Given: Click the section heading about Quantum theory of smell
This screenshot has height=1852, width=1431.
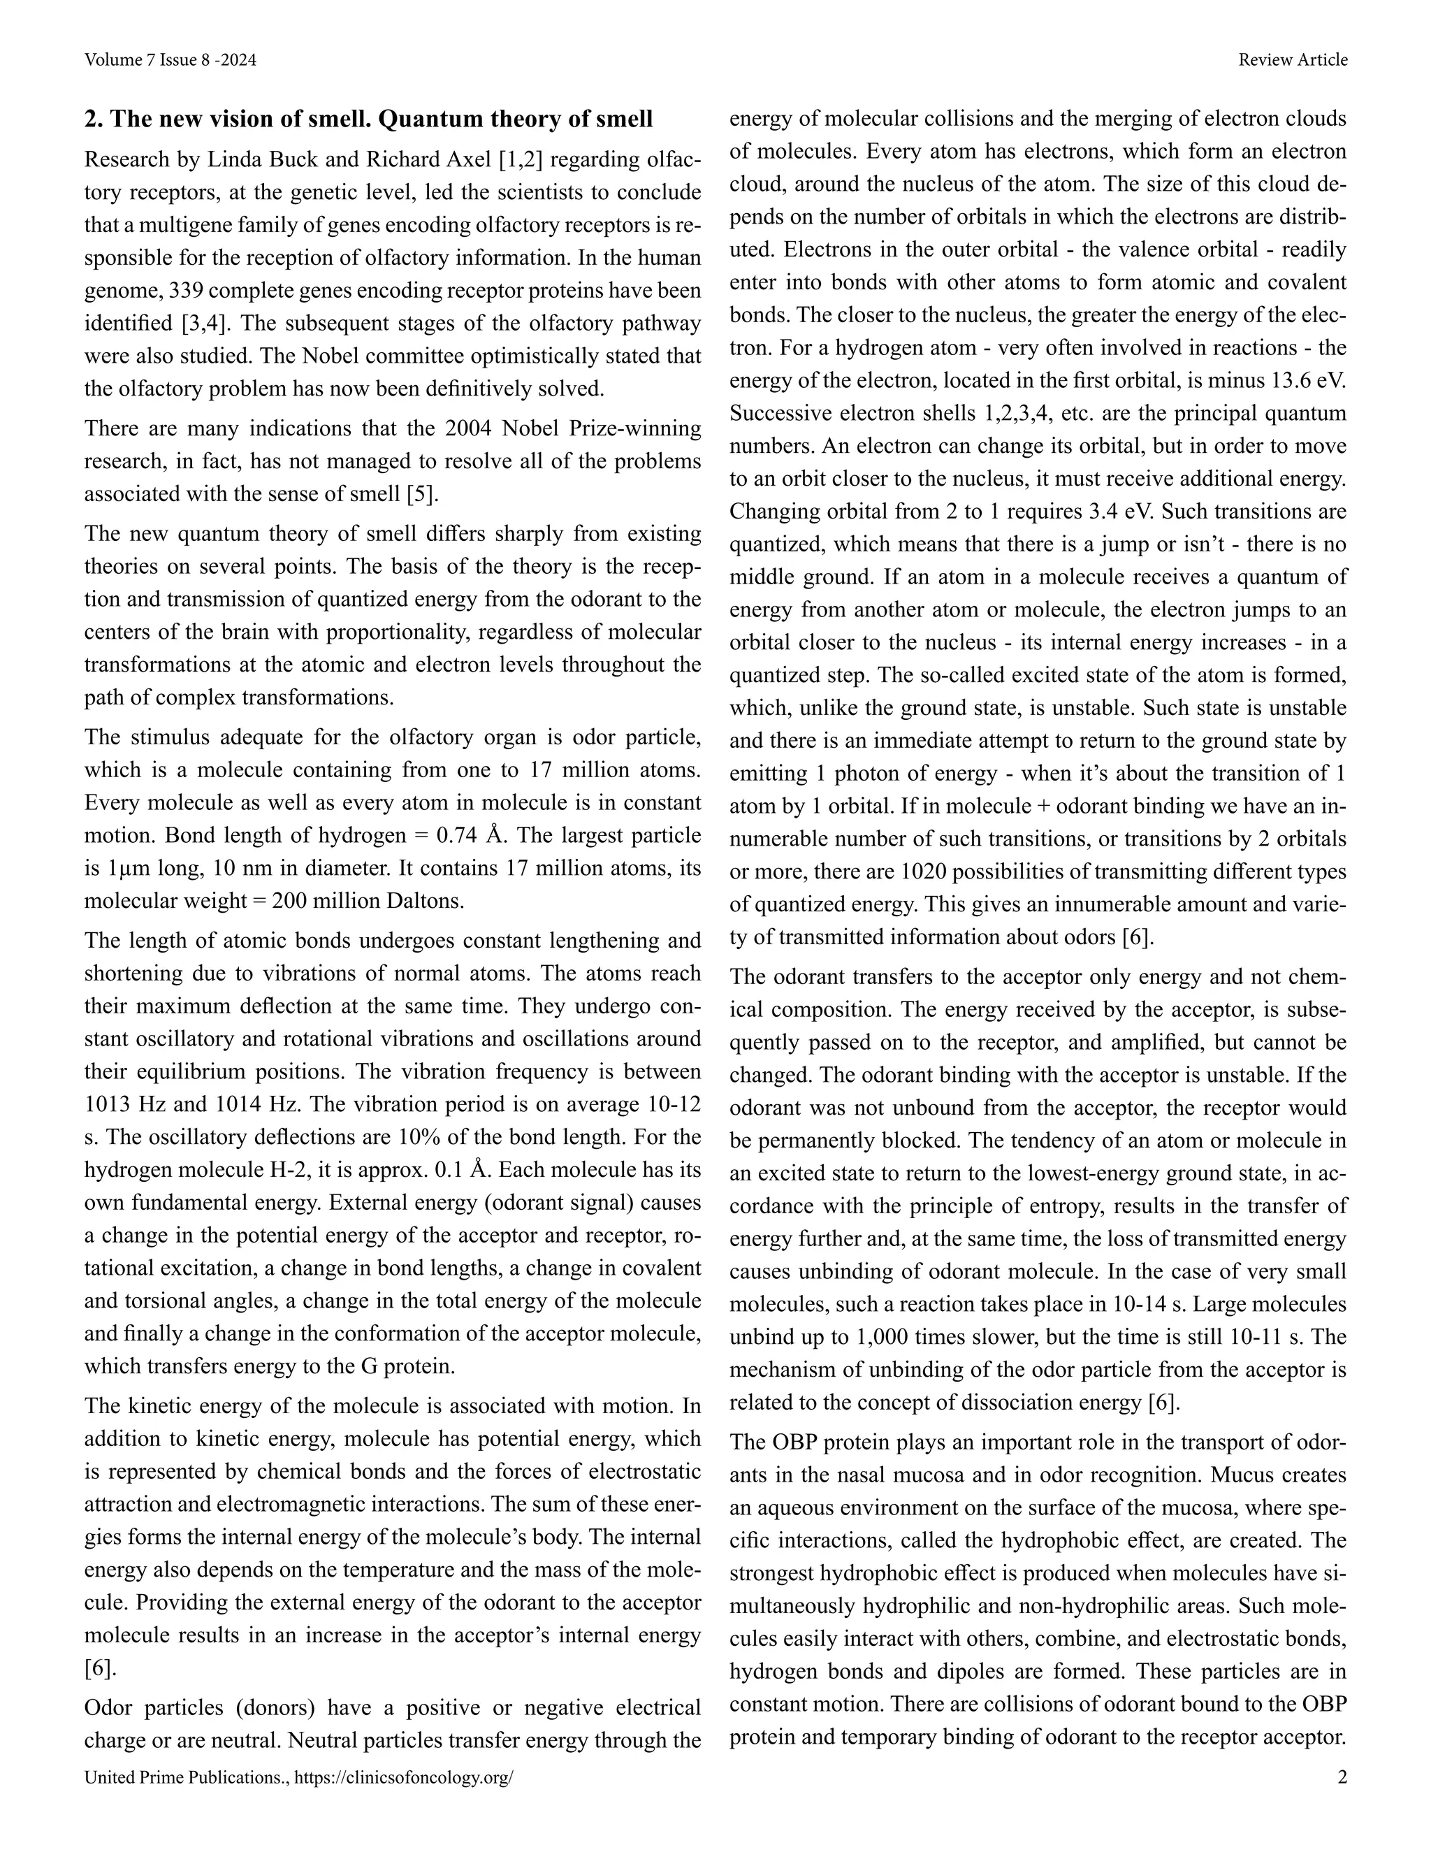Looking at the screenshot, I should [x=368, y=120].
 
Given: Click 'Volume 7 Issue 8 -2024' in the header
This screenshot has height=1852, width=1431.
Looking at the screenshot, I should [x=170, y=60].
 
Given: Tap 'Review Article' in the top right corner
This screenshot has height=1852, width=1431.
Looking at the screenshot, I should [x=1292, y=60].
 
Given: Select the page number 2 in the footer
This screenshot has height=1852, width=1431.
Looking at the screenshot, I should [x=1341, y=1777].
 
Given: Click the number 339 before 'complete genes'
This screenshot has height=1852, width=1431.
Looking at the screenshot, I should [x=186, y=291].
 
